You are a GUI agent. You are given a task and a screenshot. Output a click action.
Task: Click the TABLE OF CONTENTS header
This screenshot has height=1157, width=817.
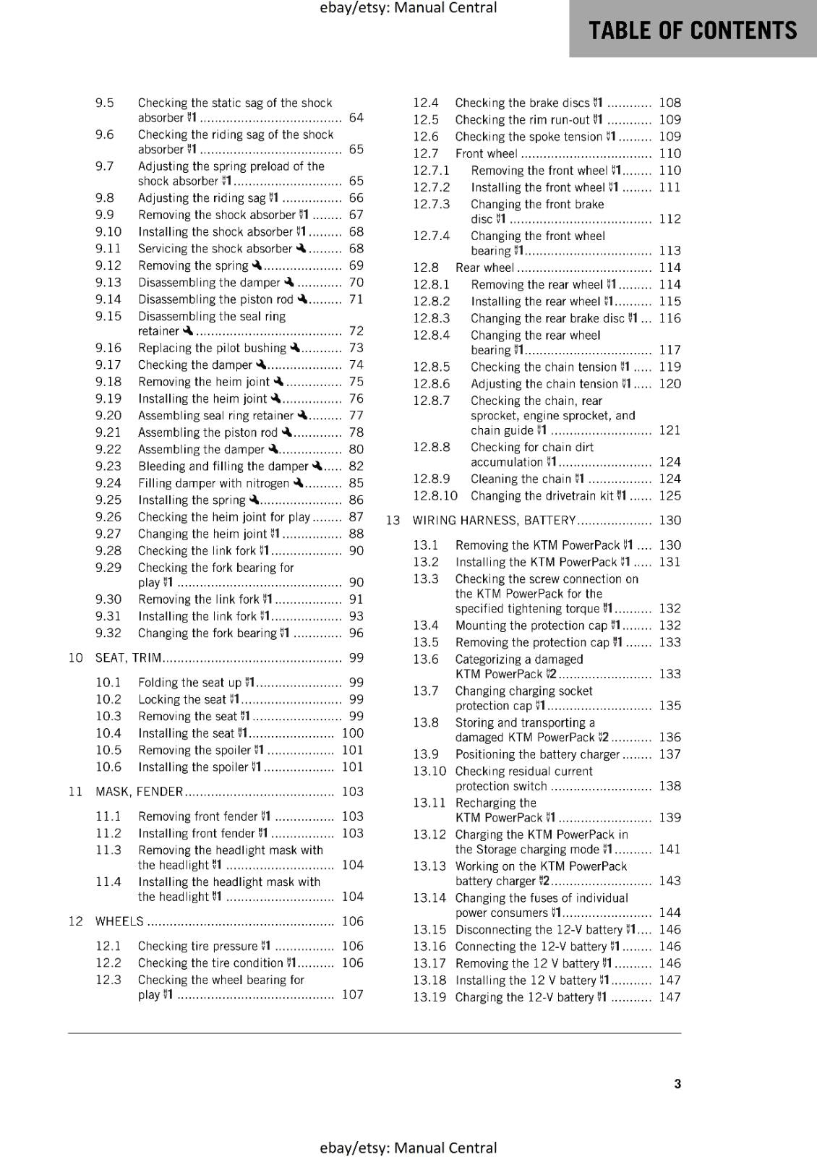pyautogui.click(x=693, y=30)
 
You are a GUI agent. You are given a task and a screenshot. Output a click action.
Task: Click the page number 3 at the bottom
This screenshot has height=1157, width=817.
pyautogui.click(x=677, y=1083)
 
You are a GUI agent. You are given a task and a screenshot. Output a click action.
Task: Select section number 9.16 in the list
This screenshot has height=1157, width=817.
pyautogui.click(x=108, y=348)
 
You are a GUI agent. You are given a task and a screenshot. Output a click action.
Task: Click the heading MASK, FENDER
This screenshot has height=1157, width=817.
pyautogui.click(x=139, y=792)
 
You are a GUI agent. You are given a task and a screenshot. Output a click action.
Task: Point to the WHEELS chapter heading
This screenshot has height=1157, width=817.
pyautogui.click(x=119, y=921)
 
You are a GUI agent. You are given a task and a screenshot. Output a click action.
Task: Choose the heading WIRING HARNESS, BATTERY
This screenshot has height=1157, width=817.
pyautogui.click(x=494, y=521)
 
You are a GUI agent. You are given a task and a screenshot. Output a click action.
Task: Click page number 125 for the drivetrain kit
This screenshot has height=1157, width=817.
pyautogui.click(x=670, y=496)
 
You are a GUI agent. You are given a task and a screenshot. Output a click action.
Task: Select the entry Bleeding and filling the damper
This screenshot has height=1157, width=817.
pyautogui.click(x=223, y=466)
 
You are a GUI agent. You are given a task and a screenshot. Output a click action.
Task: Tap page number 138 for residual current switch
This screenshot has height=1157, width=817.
pyautogui.click(x=670, y=786)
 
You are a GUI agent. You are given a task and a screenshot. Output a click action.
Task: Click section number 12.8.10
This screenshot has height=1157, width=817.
pyautogui.click(x=435, y=496)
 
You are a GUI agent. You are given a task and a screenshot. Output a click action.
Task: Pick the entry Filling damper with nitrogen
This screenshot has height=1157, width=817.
pyautogui.click(x=213, y=483)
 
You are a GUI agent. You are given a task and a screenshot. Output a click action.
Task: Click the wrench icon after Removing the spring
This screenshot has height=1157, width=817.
pyautogui.click(x=257, y=265)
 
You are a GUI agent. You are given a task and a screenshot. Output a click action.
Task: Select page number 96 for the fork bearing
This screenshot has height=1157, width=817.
pyautogui.click(x=356, y=633)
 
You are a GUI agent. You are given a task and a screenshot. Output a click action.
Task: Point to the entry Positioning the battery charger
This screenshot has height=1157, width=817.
pyautogui.click(x=537, y=754)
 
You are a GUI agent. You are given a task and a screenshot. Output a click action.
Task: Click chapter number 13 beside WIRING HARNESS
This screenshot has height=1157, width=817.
pyautogui.click(x=393, y=521)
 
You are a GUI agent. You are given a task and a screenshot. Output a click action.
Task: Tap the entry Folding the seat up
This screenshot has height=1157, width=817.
pyautogui.click(x=190, y=683)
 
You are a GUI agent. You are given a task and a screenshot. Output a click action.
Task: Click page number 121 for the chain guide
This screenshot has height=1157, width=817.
pyautogui.click(x=670, y=430)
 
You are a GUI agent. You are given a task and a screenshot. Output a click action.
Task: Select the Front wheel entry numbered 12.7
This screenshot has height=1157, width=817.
pyautogui.click(x=487, y=153)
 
